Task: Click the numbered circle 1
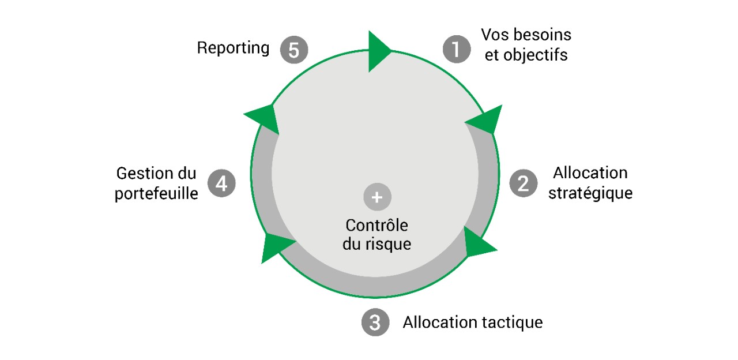pyautogui.click(x=456, y=49)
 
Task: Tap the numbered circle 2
pyautogui.click(x=524, y=183)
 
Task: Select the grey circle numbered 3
pyautogui.click(x=375, y=322)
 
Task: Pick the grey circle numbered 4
pyautogui.click(x=221, y=183)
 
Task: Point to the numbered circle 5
pyautogui.click(x=294, y=50)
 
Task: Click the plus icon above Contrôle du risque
pyautogui.click(x=377, y=197)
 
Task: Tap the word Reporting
pyautogui.click(x=233, y=48)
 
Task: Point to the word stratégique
pyautogui.click(x=590, y=193)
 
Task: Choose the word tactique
pyautogui.click(x=511, y=322)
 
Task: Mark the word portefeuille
pyautogui.click(x=156, y=193)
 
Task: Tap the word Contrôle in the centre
pyautogui.click(x=376, y=225)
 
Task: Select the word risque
pyautogui.click(x=390, y=244)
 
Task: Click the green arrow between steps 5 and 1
pyautogui.click(x=378, y=51)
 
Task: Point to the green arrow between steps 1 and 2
pyautogui.click(x=485, y=120)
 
